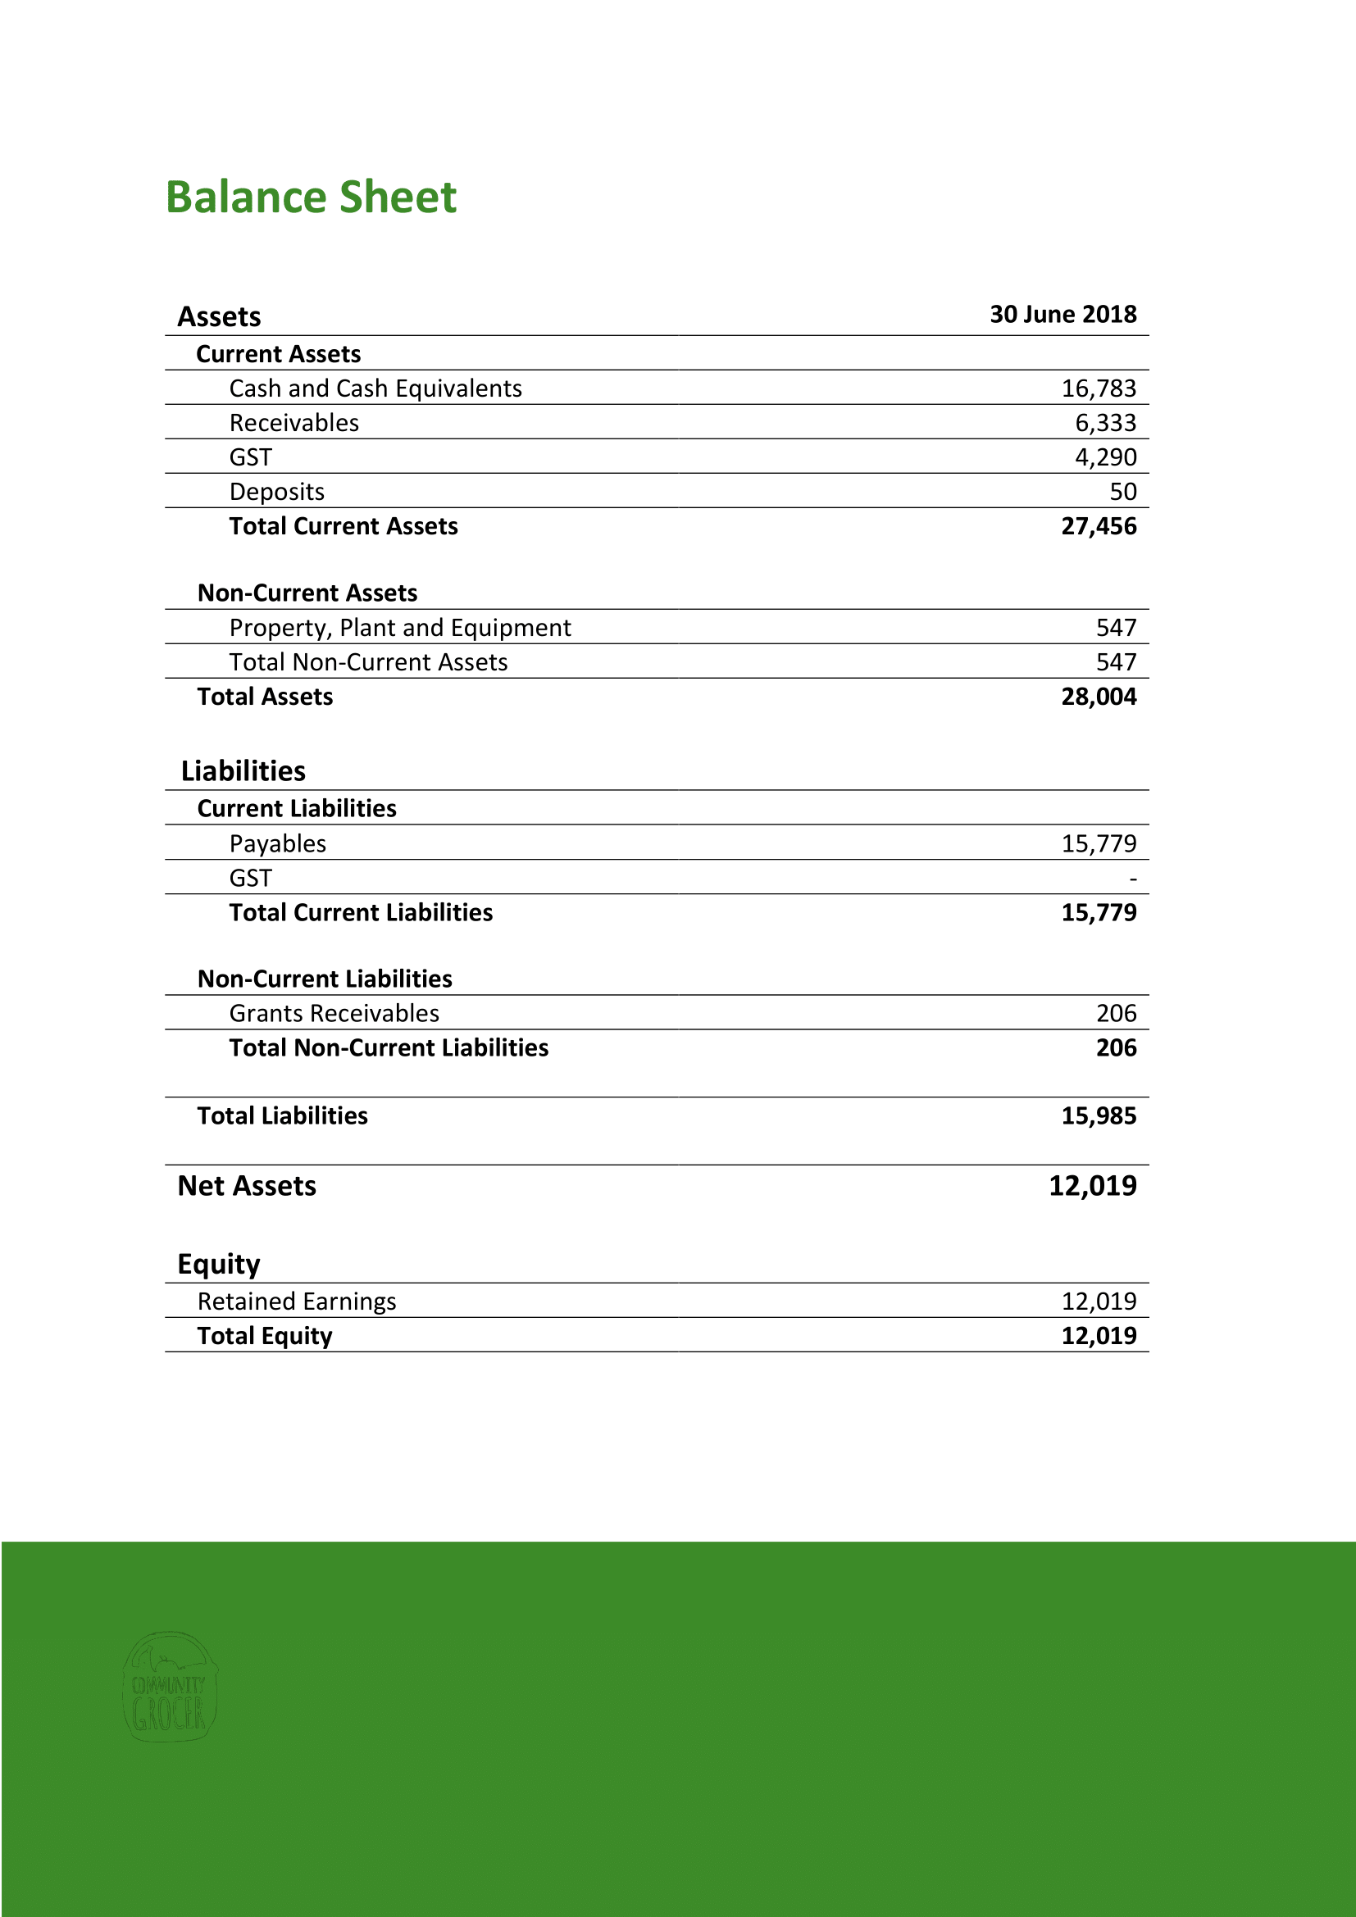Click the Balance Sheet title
[x=311, y=198]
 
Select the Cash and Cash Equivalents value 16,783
[x=1098, y=388]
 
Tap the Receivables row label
[x=294, y=423]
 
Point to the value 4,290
[x=1104, y=457]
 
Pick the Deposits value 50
[x=1122, y=492]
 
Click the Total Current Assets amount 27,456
[x=1098, y=526]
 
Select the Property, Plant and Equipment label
[x=400, y=628]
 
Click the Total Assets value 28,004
[x=1098, y=697]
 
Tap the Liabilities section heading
[x=243, y=770]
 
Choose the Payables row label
[x=277, y=844]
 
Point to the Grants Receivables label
[x=334, y=1014]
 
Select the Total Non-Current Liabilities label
[x=389, y=1048]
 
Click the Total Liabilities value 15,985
[x=1098, y=1116]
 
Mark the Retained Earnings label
[x=297, y=1301]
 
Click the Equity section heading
[x=219, y=1264]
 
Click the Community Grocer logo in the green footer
[x=170, y=1687]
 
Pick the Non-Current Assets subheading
[x=307, y=593]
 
